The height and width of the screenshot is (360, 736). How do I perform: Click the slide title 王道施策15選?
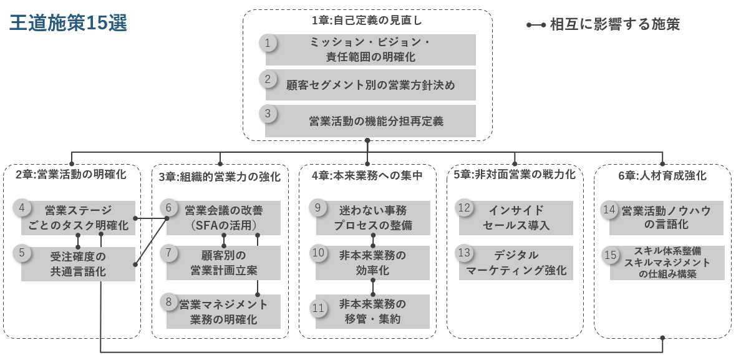pyautogui.click(x=69, y=23)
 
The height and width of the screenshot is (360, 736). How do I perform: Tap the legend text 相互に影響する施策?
pyautogui.click(x=614, y=25)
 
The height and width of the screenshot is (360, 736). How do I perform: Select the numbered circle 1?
pyautogui.click(x=268, y=43)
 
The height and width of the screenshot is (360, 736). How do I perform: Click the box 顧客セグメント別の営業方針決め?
pyautogui.click(x=370, y=85)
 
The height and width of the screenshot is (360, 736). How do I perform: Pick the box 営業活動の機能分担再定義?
pyautogui.click(x=370, y=121)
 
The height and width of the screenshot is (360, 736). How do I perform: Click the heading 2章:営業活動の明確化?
pyautogui.click(x=70, y=175)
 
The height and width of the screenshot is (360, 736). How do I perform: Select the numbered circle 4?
pyautogui.click(x=22, y=208)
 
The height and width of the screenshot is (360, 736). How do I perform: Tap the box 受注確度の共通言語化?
pyautogui.click(x=78, y=264)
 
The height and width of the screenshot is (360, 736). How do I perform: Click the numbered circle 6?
pyautogui.click(x=168, y=208)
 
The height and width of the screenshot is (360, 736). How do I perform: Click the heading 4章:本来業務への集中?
pyautogui.click(x=367, y=175)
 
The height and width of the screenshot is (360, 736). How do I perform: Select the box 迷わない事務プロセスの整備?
pyautogui.click(x=372, y=217)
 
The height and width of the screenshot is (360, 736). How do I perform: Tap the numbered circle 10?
pyautogui.click(x=318, y=253)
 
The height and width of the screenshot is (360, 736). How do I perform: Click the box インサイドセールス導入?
pyautogui.click(x=516, y=217)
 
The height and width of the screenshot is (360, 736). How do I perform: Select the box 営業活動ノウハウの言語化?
pyautogui.click(x=666, y=217)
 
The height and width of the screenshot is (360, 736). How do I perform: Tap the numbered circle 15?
pyautogui.click(x=611, y=255)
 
